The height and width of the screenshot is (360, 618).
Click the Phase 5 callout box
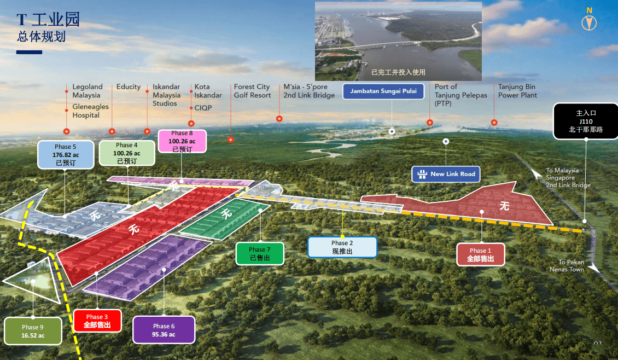tap(66, 155)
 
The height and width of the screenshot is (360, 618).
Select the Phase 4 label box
tap(127, 153)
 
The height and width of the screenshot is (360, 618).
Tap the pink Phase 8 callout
tap(182, 141)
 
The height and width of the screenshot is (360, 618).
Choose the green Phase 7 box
tap(260, 253)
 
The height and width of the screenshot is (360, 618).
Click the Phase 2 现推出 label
tap(342, 247)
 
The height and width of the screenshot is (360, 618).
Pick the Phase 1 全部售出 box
tap(480, 254)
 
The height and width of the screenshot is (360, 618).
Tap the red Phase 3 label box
tap(97, 321)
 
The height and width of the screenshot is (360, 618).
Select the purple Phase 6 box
tap(164, 330)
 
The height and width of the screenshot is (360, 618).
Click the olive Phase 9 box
tap(33, 331)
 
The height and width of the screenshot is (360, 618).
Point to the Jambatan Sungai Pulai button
tap(383, 91)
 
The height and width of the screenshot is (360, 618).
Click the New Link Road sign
tap(446, 174)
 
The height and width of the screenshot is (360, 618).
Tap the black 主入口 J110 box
tap(586, 121)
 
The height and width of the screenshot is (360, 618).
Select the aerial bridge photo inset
tap(398, 41)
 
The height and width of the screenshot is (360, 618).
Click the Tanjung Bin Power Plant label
tap(517, 91)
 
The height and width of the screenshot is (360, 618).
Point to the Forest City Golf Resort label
tap(252, 91)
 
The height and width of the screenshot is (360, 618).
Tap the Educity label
tap(129, 87)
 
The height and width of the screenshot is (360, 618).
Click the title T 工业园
tap(48, 19)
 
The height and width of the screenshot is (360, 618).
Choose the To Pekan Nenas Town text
tap(568, 266)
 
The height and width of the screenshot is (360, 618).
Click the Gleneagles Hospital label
tap(90, 111)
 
